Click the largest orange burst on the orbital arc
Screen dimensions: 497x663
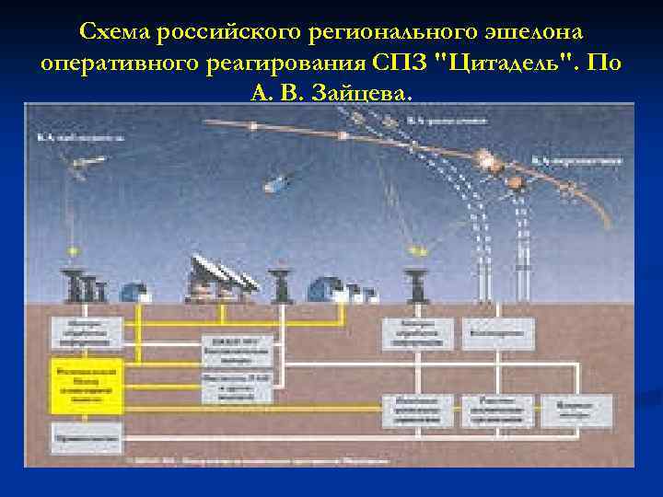(x=485, y=159)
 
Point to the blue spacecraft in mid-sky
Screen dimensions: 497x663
(x=276, y=183)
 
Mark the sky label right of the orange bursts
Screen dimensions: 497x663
(x=587, y=160)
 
